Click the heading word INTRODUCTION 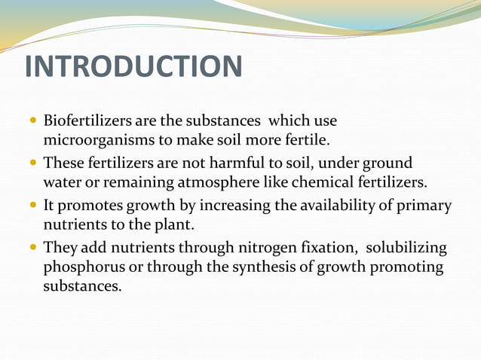point(133,66)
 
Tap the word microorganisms point(89,140)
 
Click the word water point(61,183)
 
